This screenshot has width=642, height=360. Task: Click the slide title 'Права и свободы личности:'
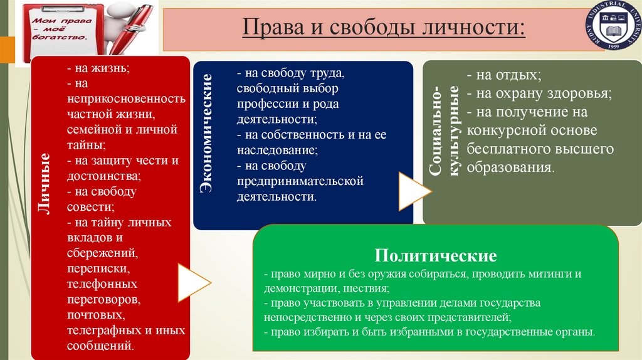[x=384, y=29]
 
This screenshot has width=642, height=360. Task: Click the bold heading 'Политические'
[x=436, y=256]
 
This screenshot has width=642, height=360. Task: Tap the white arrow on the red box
[x=191, y=282]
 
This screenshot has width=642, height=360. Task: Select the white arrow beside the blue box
[x=412, y=190]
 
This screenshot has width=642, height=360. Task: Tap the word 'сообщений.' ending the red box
[x=101, y=344]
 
